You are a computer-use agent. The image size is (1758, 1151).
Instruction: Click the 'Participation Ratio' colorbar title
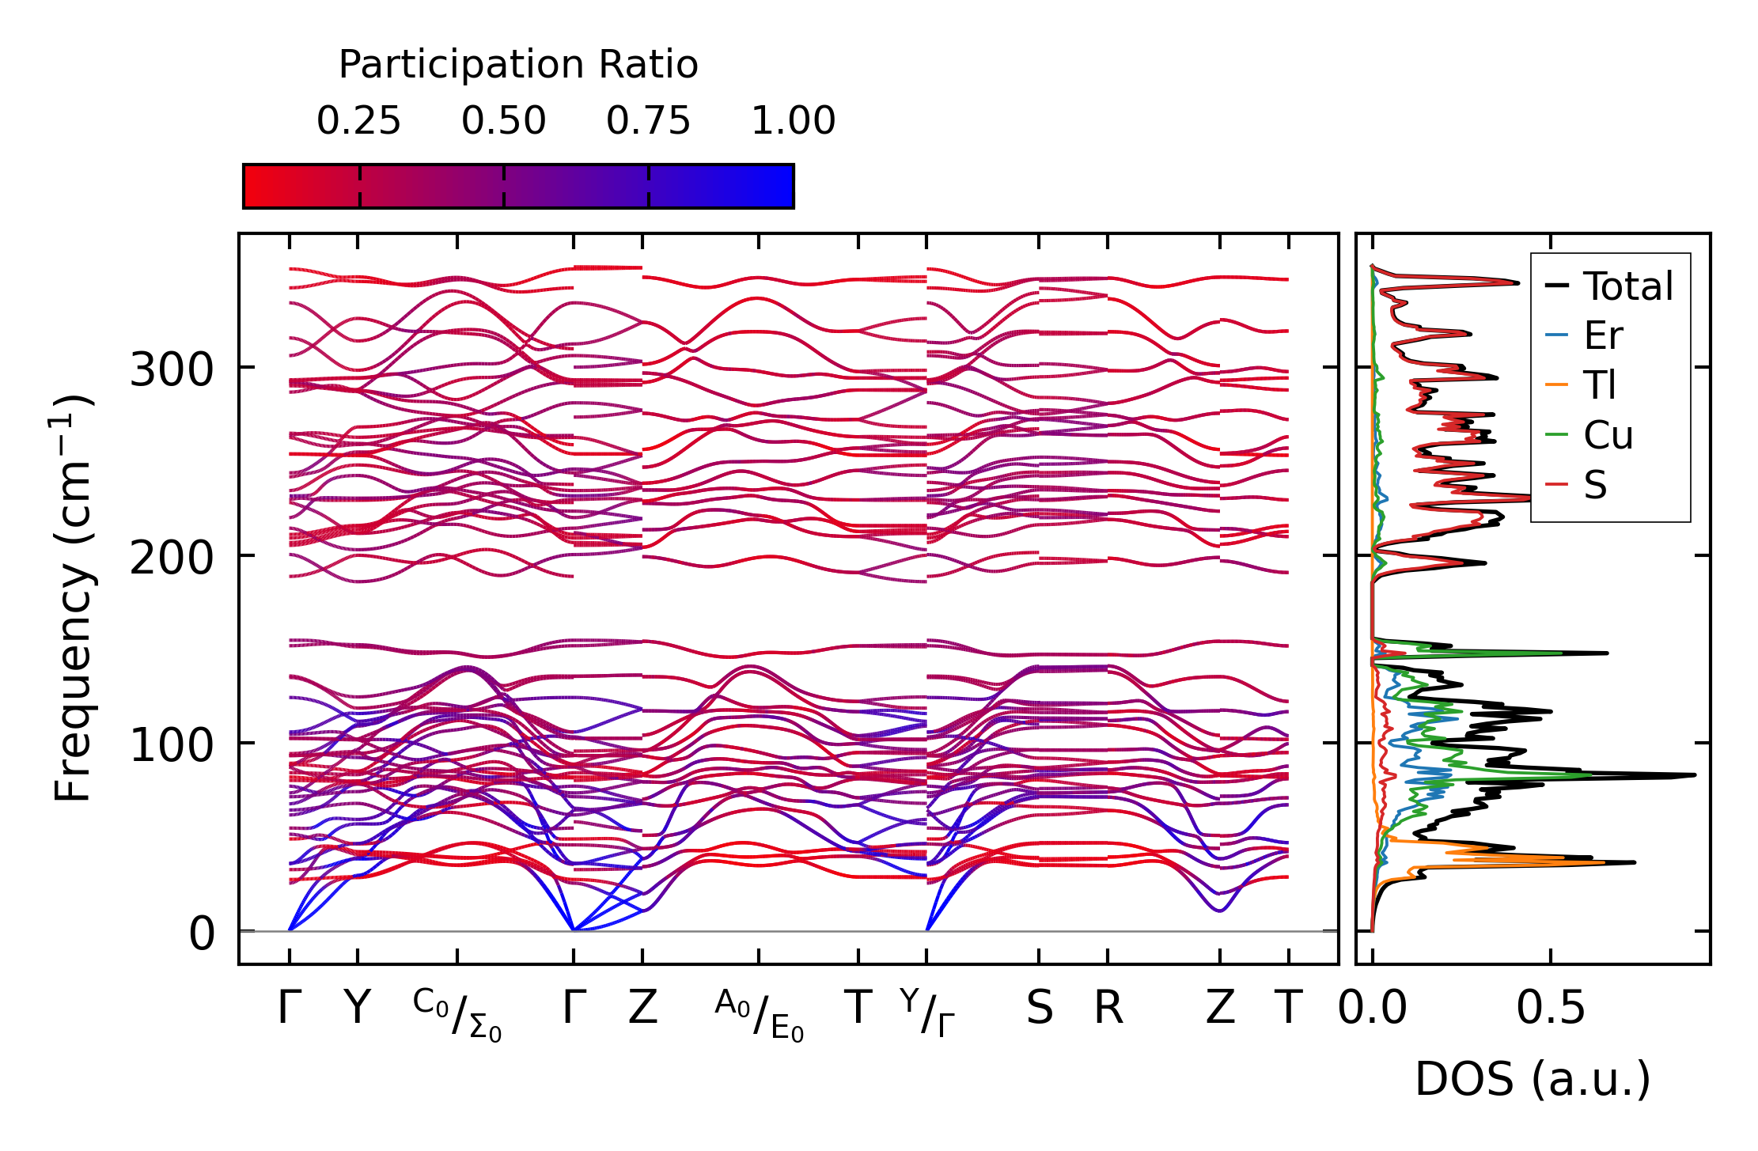click(518, 65)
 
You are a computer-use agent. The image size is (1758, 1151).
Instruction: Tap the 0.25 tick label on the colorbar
click(358, 122)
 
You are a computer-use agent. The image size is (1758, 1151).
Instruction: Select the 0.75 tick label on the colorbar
click(648, 122)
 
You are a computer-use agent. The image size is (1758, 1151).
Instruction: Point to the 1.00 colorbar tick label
click(793, 122)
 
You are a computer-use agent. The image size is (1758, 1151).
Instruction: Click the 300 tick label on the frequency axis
click(172, 369)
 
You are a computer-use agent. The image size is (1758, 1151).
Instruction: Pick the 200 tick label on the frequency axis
click(172, 558)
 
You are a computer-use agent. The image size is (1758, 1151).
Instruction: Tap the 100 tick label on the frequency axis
click(172, 745)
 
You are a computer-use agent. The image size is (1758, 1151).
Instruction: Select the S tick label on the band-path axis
click(1039, 1009)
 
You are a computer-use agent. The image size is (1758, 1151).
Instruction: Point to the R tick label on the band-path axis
click(1108, 1009)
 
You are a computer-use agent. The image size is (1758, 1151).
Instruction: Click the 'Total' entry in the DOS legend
click(1627, 286)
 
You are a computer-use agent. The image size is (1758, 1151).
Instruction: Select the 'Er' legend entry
click(1603, 336)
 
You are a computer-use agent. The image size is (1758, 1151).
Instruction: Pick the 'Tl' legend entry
click(1600, 386)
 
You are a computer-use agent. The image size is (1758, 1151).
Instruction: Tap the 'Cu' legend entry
click(1608, 436)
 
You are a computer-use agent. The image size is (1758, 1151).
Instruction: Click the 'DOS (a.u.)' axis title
click(1533, 1080)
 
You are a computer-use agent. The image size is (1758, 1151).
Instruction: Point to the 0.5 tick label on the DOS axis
click(1551, 1009)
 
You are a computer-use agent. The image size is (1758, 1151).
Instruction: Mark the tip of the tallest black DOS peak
click(1695, 775)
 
